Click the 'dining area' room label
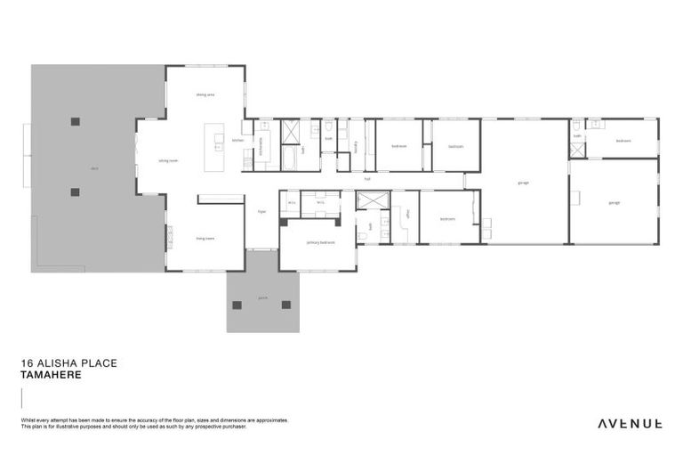pos(205,94)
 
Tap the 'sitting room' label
pos(168,161)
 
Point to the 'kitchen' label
pos(237,141)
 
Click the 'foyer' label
pos(261,212)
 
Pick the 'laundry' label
pos(355,143)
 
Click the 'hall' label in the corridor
pos(366,179)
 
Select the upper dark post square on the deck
pos(76,121)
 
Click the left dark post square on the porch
pos(237,305)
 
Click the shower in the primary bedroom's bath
pos(368,200)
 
